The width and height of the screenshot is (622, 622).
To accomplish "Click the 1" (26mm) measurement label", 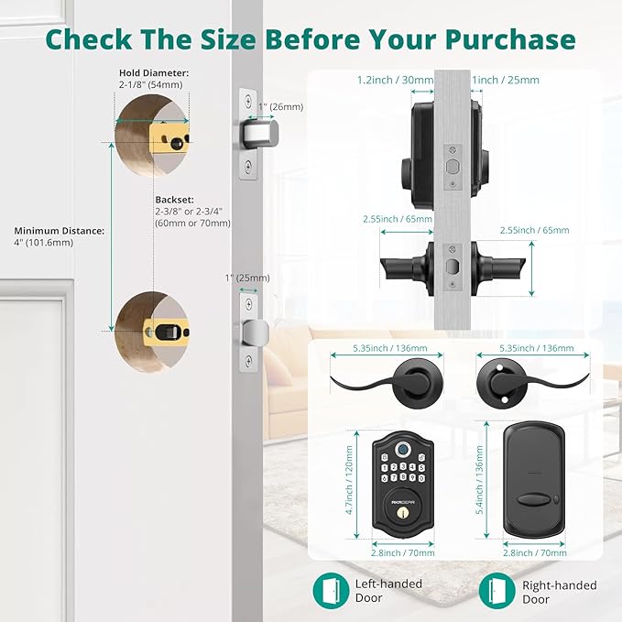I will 279,106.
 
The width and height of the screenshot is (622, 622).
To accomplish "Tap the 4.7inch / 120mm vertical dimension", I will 349,482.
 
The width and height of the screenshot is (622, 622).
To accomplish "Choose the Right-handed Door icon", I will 497,590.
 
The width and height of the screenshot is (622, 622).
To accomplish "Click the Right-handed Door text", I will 559,592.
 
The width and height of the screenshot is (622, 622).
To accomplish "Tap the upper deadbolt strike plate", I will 247,136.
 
